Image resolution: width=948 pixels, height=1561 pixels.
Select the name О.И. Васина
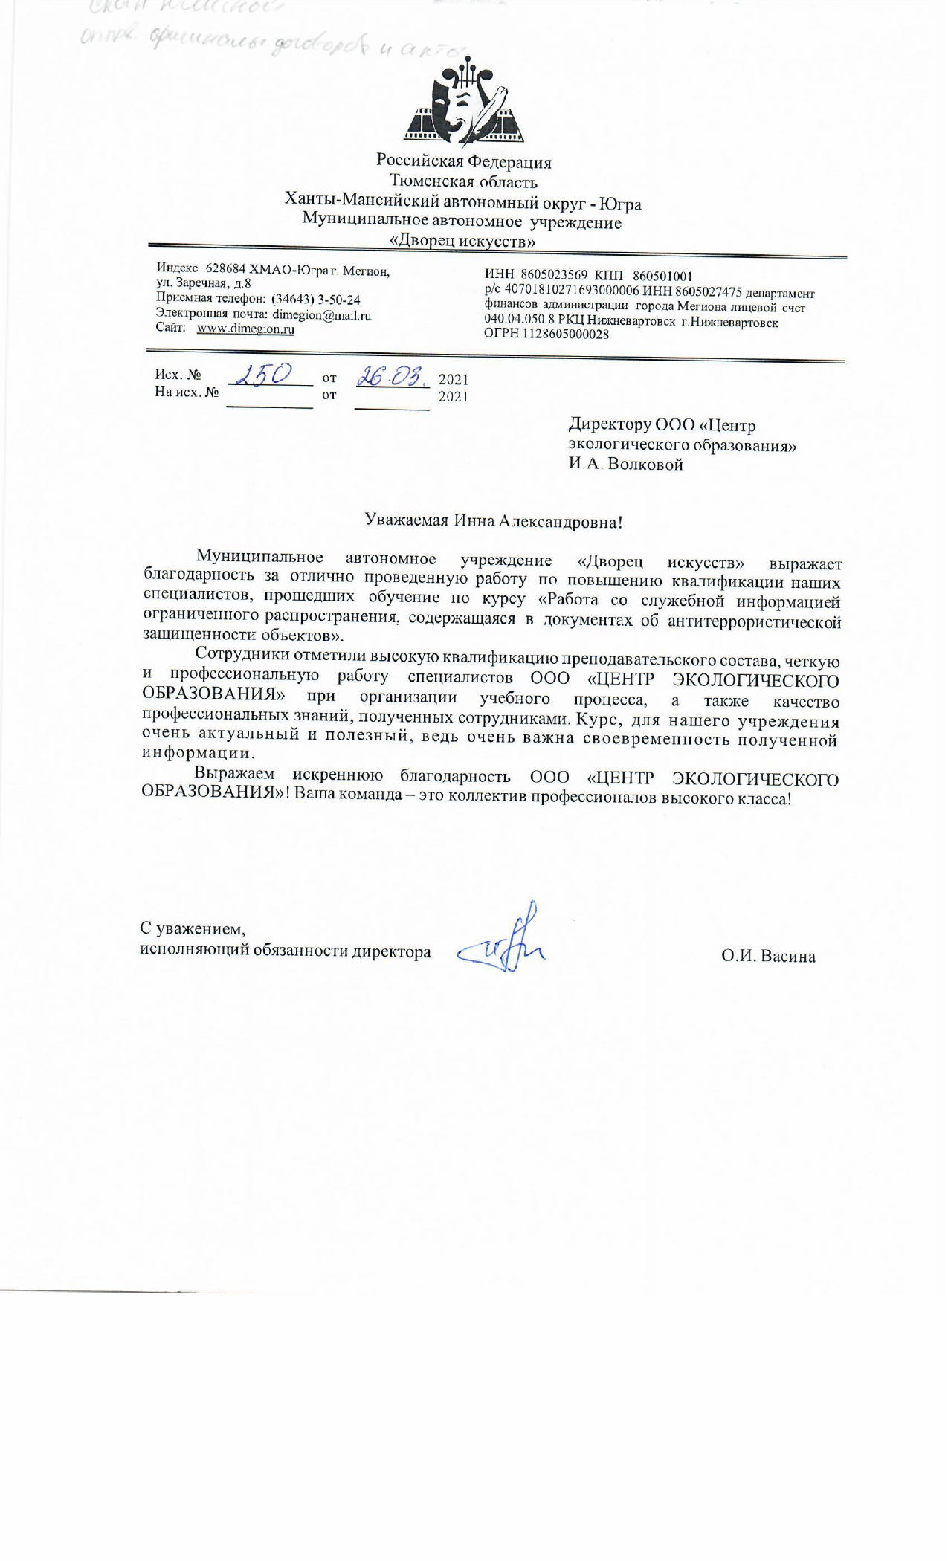pos(767,956)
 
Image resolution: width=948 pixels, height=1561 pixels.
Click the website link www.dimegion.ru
pos(245,329)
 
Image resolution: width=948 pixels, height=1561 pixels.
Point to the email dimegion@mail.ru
pos(322,314)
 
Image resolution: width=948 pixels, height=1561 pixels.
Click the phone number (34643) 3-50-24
pos(315,300)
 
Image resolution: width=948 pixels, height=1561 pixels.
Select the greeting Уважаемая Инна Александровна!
pos(493,521)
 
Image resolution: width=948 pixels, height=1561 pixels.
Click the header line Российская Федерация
pos(463,161)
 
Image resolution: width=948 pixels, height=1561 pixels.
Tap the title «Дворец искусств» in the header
pos(463,242)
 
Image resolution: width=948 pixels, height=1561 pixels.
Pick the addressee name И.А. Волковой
pos(625,465)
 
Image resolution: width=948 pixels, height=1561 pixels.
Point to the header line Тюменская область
pos(463,181)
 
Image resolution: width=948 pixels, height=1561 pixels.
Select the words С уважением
pos(193,928)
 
